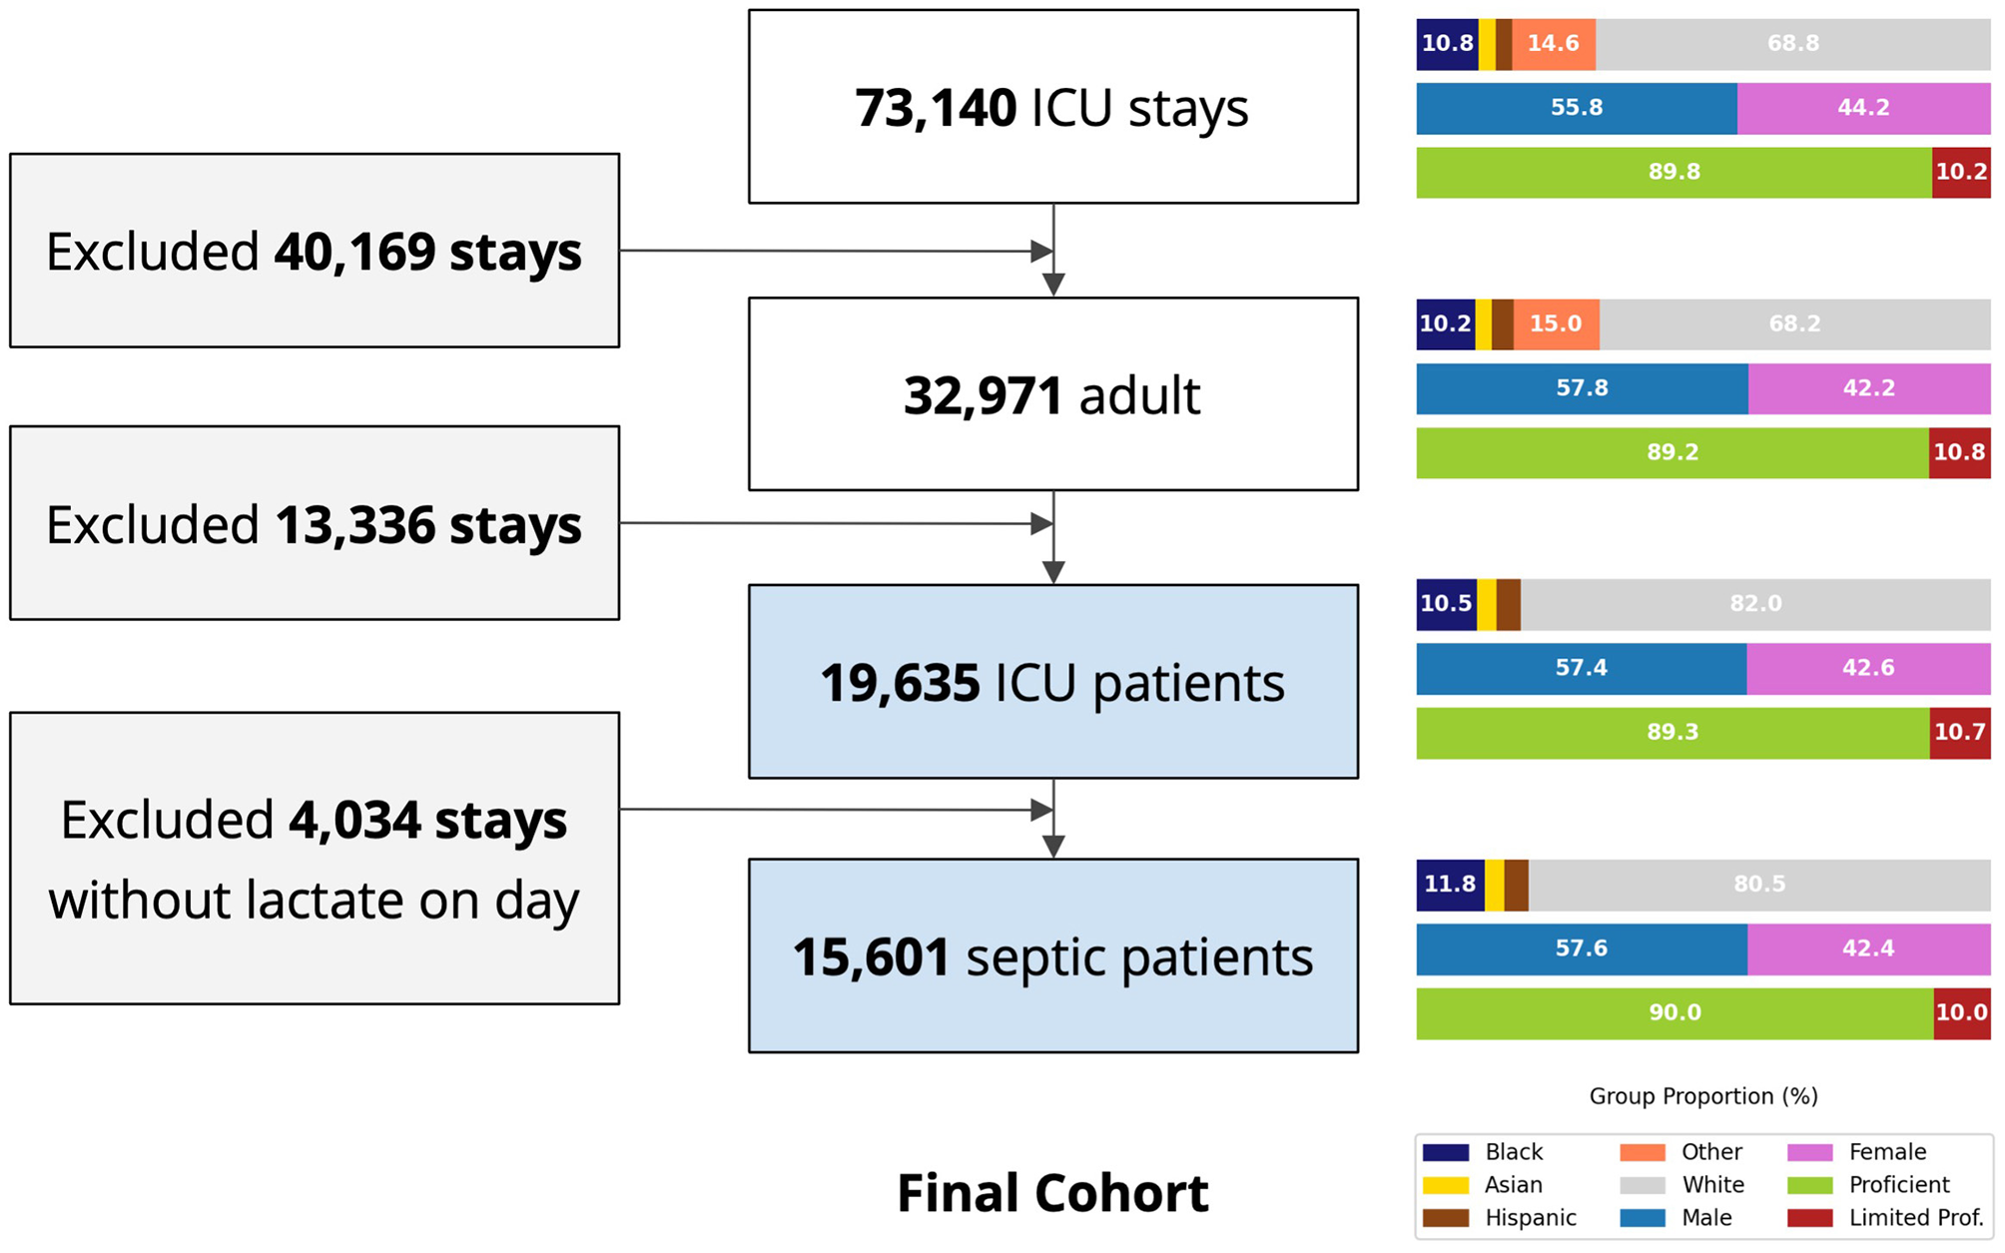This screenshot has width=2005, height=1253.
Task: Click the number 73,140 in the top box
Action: coord(936,108)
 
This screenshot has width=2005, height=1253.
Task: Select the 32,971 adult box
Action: coord(1052,394)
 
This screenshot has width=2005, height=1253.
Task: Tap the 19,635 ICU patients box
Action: coord(1052,682)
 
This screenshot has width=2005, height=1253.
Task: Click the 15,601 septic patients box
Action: coord(1052,956)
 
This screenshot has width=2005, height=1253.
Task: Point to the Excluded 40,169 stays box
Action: coord(314,251)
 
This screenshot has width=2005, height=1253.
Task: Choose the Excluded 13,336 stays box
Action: coord(314,523)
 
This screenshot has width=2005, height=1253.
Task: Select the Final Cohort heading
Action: coord(1052,1193)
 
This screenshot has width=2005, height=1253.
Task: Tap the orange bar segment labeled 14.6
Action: coord(1553,44)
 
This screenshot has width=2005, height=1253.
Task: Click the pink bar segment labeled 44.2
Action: coord(1863,108)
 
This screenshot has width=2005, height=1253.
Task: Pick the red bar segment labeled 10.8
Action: coord(1959,452)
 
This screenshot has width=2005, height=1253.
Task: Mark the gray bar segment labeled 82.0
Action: coord(1755,604)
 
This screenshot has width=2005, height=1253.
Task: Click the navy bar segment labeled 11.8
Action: coord(1450,885)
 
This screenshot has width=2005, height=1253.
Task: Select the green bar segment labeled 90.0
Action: coord(1674,1012)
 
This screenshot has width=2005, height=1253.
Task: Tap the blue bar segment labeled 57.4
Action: coord(1581,668)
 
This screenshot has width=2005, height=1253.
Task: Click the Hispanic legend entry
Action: coord(1530,1218)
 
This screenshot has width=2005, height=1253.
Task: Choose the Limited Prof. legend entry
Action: coord(1915,1218)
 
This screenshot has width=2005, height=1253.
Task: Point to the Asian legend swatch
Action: coord(1445,1185)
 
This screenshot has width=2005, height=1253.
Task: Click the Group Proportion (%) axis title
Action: coord(1702,1096)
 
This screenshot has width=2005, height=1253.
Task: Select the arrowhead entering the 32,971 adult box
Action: coord(1053,286)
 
